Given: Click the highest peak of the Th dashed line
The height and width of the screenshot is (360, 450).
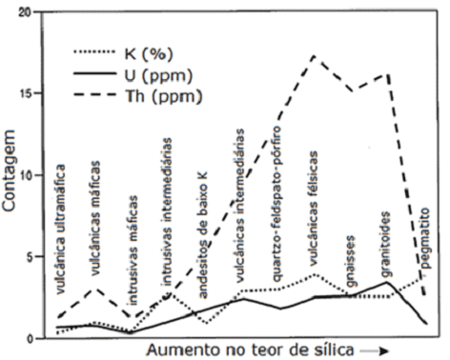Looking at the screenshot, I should (314, 56).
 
